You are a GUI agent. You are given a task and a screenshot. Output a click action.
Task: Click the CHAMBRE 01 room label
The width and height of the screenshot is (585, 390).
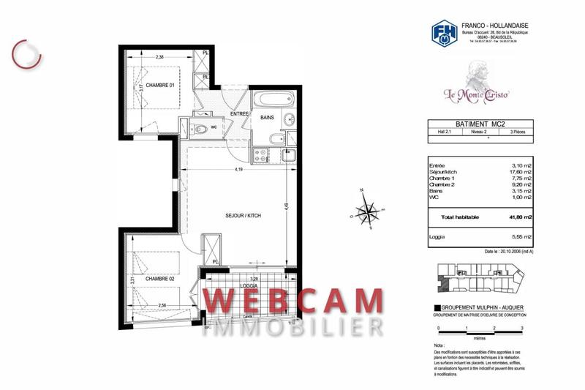click(159, 86)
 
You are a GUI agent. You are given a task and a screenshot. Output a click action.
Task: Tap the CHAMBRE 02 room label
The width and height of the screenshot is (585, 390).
click(159, 279)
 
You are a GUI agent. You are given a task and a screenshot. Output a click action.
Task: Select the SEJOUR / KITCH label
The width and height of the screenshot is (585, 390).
click(243, 217)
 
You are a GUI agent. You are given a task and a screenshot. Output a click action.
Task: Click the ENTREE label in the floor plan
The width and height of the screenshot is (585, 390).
click(240, 114)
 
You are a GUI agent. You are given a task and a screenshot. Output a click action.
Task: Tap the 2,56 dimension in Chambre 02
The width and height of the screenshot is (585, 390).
click(162, 304)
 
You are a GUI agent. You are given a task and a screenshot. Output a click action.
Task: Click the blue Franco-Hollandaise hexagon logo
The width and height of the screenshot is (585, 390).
click(442, 33)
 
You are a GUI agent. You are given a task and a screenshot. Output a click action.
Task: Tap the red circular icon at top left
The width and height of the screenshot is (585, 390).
click(27, 53)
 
